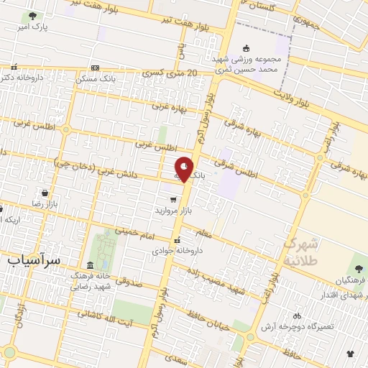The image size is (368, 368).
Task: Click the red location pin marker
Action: click(184, 170)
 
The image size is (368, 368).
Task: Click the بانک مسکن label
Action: click(96, 77)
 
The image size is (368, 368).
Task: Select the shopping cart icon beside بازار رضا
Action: click(46, 193)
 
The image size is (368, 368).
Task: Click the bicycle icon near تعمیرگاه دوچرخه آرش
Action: click(297, 316)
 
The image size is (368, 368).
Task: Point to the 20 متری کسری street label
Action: click(170, 73)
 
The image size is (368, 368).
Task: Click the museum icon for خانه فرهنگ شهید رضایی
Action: click(90, 264)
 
